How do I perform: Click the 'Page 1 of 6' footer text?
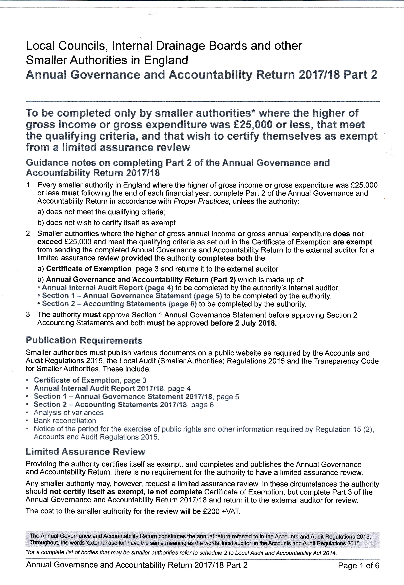[358, 566]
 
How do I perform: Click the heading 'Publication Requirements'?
[84, 340]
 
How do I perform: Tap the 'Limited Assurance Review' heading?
[86, 452]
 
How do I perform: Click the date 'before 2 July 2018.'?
[243, 323]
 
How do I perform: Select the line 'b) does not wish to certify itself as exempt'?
[106, 223]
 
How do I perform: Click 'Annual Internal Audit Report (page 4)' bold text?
[107, 288]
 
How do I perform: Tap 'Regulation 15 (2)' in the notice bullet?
[344, 429]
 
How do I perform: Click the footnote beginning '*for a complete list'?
[181, 553]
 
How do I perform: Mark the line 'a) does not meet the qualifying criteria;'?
[101, 212]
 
